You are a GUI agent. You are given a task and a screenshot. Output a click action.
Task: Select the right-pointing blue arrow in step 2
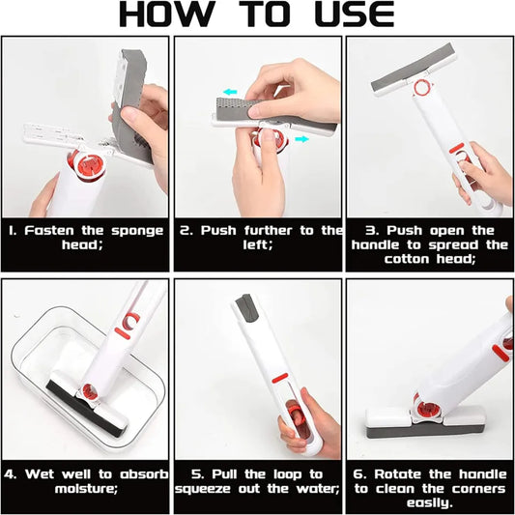tap(304, 140)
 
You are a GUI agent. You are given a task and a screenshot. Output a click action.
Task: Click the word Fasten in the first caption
tap(55, 231)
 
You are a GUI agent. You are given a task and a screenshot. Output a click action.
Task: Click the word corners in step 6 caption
tap(472, 488)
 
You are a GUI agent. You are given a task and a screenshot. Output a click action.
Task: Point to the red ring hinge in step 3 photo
tap(422, 89)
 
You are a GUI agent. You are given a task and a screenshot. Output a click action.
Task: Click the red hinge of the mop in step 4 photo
tap(86, 392)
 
